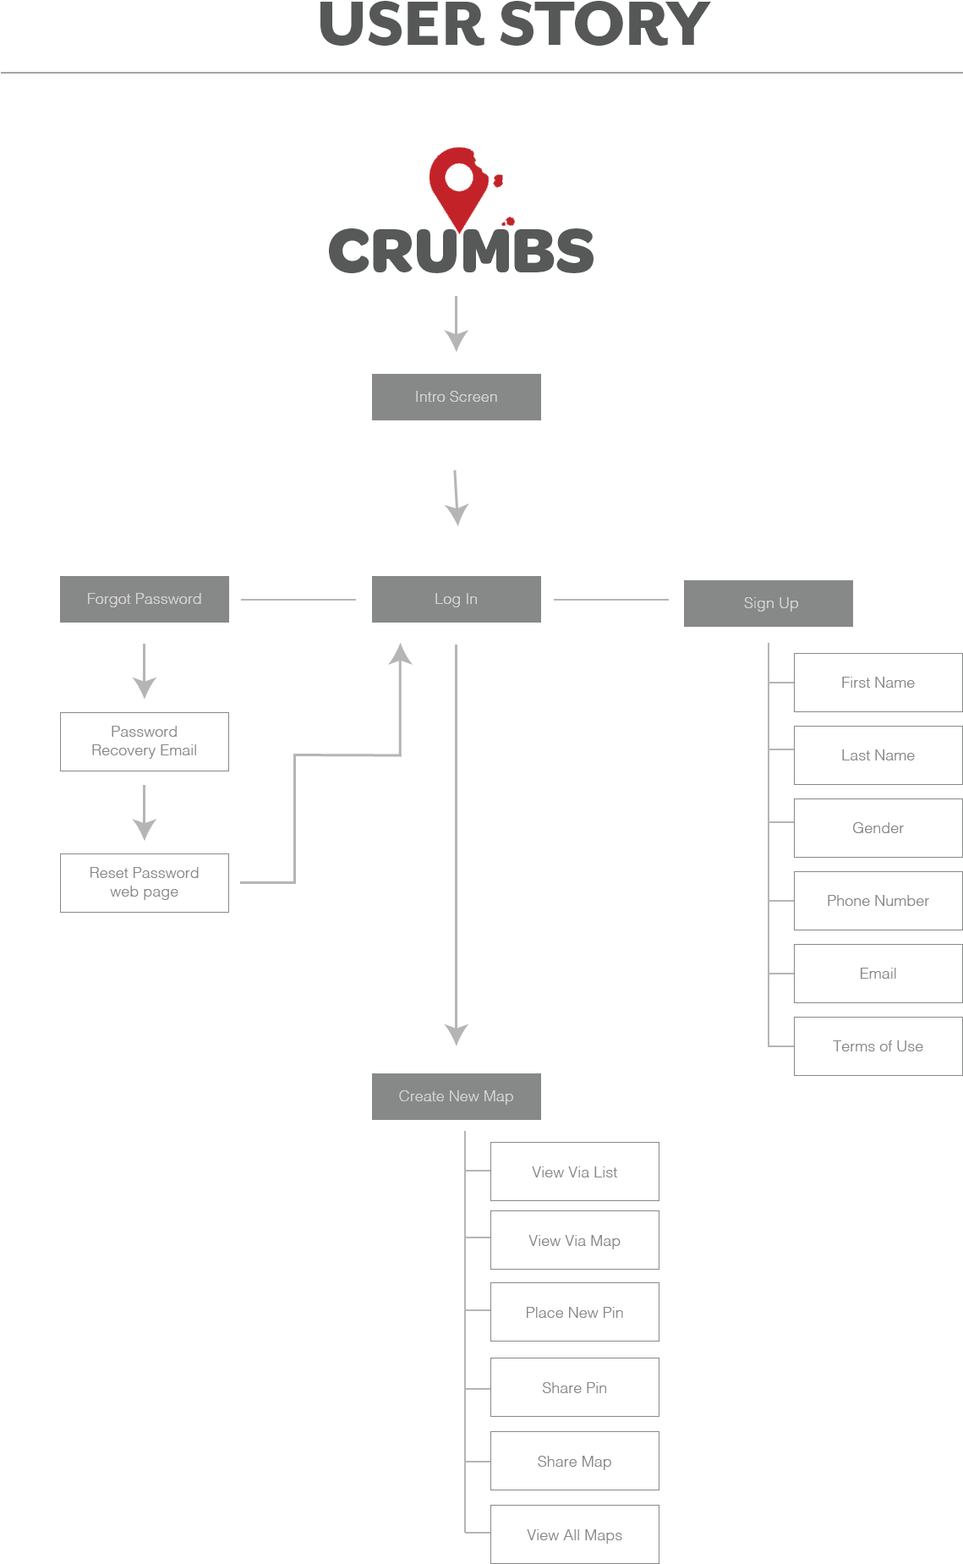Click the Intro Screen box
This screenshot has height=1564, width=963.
[456, 397]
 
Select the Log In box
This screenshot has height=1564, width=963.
[456, 599]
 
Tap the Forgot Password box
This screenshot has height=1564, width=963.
[145, 599]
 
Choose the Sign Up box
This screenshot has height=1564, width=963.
[768, 603]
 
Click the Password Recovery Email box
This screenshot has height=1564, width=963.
[145, 741]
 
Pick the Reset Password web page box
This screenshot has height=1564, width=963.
[145, 882]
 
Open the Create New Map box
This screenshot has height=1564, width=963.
[456, 1096]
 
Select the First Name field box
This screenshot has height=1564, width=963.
[878, 683]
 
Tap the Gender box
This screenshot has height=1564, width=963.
[878, 828]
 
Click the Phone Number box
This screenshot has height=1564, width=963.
[878, 901]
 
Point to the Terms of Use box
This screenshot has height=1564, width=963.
[878, 1046]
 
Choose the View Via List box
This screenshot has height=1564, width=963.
[574, 1172]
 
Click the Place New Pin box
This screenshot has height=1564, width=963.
[574, 1312]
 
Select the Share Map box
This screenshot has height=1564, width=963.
[574, 1461]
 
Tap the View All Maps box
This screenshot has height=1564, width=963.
[574, 1534]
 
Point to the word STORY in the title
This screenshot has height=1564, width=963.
[605, 25]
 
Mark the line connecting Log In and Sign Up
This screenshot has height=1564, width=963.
[610, 600]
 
